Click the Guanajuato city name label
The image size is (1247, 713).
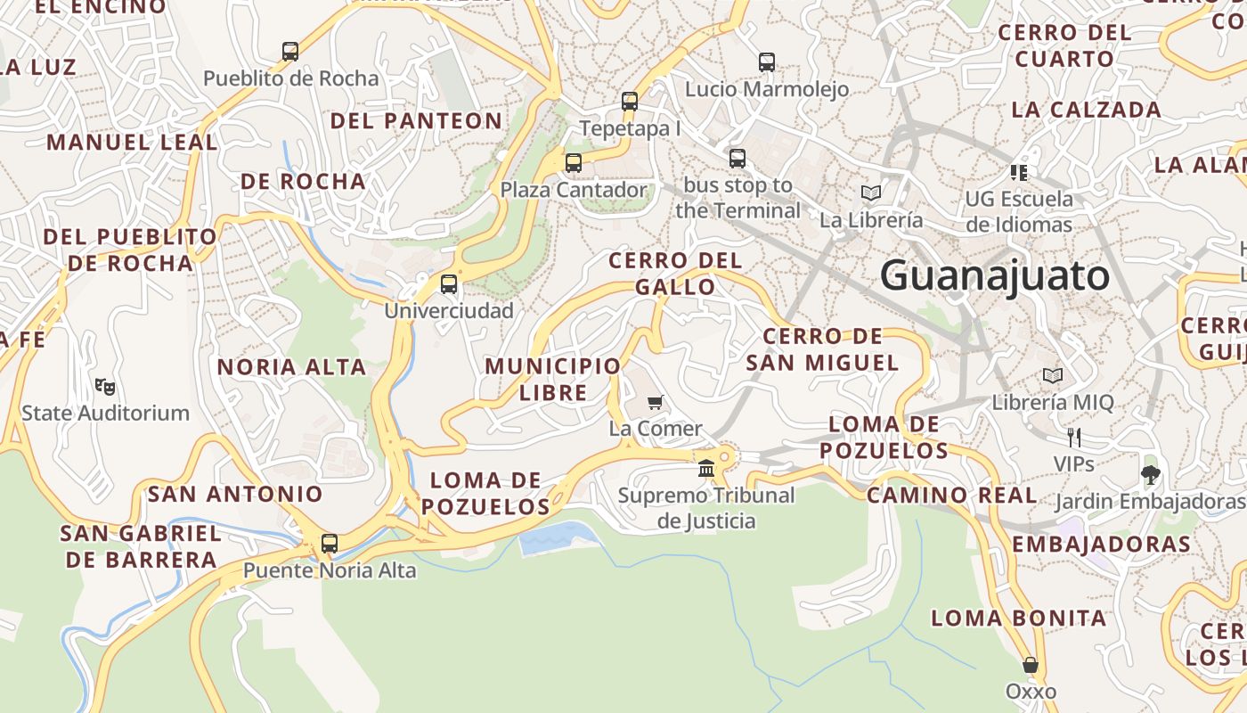[995, 275]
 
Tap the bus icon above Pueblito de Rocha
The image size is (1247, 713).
[290, 52]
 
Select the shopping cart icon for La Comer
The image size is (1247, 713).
[656, 402]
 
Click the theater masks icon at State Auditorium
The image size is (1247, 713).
[105, 387]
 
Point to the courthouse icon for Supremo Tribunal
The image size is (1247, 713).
[706, 468]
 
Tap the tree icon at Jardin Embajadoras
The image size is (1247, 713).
[1150, 474]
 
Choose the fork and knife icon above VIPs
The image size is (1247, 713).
[1074, 438]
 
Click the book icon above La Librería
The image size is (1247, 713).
[870, 193]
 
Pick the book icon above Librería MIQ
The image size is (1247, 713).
[1053, 376]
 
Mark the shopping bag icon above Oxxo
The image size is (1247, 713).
[1031, 665]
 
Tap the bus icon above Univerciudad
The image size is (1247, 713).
[449, 284]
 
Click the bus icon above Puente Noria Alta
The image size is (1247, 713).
[330, 543]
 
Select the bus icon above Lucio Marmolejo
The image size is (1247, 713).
[767, 62]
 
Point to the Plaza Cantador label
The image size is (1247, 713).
[574, 190]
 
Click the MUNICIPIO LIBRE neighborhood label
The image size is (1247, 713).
[552, 379]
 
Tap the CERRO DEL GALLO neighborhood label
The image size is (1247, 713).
[675, 273]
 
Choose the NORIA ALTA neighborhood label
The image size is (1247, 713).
[291, 366]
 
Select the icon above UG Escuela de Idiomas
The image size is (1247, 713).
[1019, 172]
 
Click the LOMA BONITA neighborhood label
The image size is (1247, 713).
[1019, 618]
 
